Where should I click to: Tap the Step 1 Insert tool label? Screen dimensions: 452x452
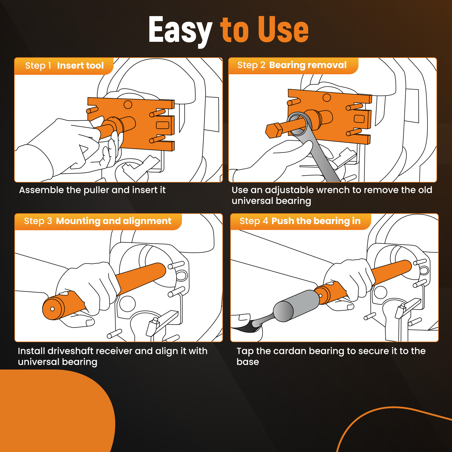pos(64,66)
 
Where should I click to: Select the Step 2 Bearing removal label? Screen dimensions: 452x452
pos(292,65)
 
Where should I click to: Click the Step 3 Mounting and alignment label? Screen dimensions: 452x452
pos(98,221)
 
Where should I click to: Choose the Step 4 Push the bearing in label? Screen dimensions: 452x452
pos(300,221)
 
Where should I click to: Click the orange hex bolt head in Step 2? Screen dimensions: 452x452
pos(274,131)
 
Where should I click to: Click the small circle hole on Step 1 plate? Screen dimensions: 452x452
pos(128,105)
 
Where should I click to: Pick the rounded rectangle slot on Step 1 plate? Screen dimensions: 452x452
pos(162,125)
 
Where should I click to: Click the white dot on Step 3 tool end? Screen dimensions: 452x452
pos(52,309)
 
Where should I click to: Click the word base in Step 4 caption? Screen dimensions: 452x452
pos(248,362)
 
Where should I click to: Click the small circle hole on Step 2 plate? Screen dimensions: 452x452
pos(327,98)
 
